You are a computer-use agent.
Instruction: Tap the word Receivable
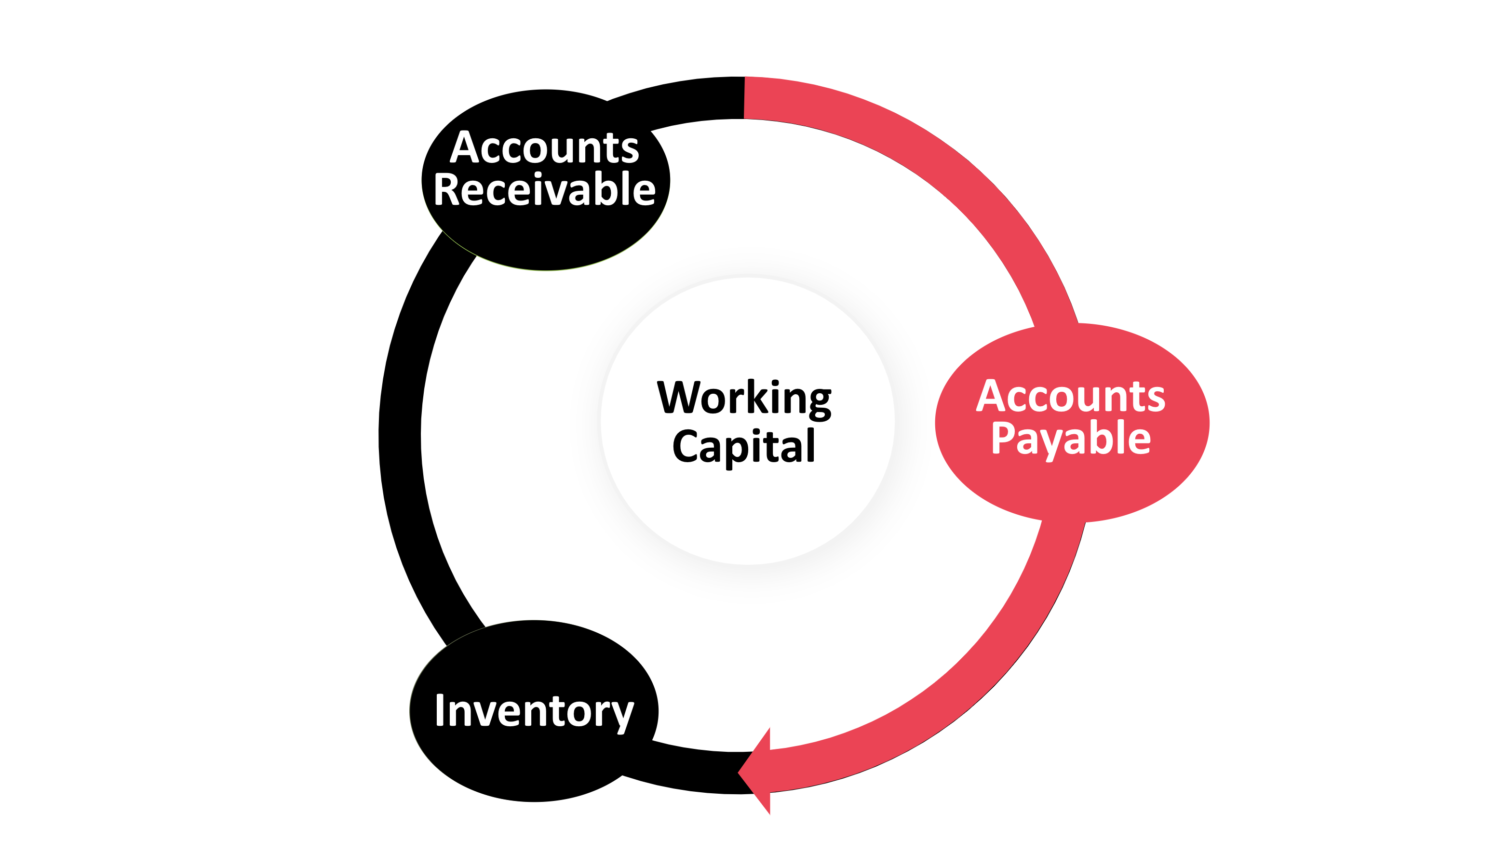point(544,190)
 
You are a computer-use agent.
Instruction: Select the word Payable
point(1071,438)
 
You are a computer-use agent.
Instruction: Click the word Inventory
point(534,711)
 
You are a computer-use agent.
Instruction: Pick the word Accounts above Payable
point(1071,397)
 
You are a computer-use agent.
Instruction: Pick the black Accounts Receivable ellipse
point(545,240)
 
